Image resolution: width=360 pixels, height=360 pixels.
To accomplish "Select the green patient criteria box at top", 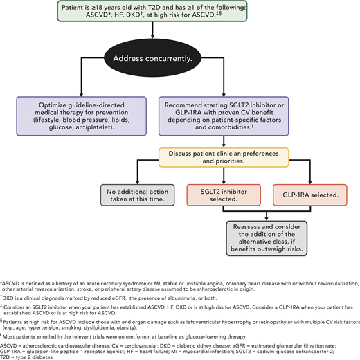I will click(x=179, y=13).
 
